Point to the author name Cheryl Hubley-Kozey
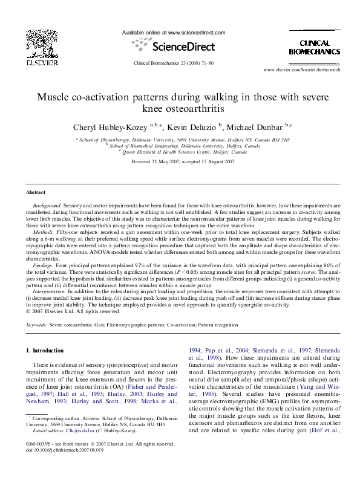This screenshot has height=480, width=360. point(109,127)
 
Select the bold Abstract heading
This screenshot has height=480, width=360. point(35,192)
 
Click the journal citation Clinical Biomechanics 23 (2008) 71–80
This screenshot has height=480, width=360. point(173,62)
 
